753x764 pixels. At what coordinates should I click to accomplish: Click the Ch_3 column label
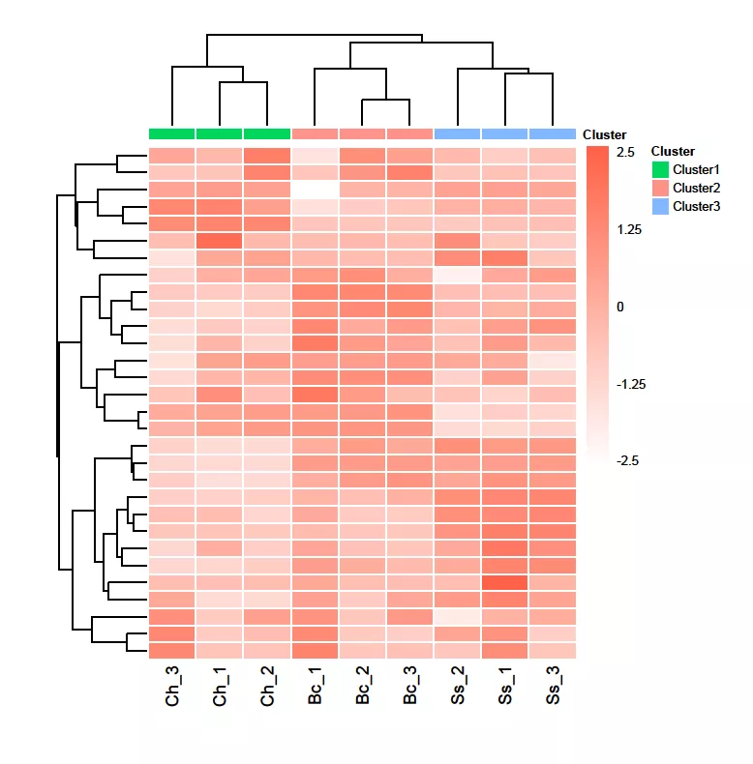(x=173, y=687)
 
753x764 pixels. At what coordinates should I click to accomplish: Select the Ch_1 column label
(x=221, y=687)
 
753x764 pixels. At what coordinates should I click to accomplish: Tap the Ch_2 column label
(x=268, y=687)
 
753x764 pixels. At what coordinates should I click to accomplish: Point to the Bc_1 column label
(x=316, y=687)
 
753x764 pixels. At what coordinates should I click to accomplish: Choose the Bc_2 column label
(x=363, y=687)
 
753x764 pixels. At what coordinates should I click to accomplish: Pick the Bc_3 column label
(x=410, y=687)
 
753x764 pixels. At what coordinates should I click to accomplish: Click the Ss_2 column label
(x=458, y=687)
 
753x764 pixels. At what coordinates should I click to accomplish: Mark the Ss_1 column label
(x=505, y=687)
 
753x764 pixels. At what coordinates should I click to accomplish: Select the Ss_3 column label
(x=553, y=687)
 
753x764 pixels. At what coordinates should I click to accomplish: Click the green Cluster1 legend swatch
(x=660, y=169)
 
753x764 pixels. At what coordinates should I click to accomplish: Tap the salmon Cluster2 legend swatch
(x=660, y=188)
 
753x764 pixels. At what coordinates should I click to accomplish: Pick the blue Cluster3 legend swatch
(x=660, y=206)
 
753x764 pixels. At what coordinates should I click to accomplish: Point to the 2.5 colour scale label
(x=625, y=153)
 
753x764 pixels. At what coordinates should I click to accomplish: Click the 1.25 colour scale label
(x=629, y=230)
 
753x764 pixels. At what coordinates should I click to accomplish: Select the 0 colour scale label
(x=620, y=307)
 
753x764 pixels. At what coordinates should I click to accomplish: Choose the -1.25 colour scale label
(x=631, y=384)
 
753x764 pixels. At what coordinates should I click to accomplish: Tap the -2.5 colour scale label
(x=627, y=460)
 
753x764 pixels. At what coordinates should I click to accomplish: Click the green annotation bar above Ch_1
(x=220, y=133)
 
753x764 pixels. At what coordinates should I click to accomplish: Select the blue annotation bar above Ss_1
(x=505, y=133)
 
